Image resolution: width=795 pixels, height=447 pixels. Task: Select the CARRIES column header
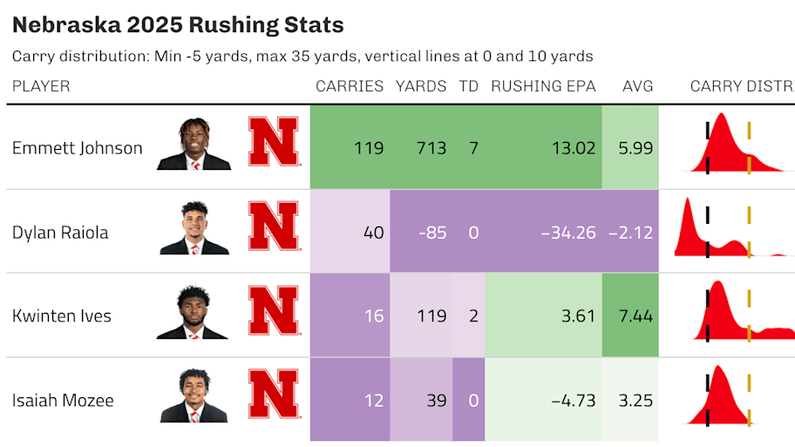350,86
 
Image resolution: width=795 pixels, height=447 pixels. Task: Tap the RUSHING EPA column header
543,86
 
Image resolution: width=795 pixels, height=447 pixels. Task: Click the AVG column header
637,86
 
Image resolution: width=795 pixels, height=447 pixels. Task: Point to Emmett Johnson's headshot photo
194,145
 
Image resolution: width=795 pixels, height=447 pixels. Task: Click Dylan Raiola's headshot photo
194,229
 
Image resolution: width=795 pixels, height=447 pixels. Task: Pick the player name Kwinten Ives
62,315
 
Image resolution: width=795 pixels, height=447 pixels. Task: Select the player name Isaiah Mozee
63,401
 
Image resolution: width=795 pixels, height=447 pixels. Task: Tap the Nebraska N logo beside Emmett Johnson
274,142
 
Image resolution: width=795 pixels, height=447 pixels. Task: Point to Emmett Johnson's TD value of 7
473,148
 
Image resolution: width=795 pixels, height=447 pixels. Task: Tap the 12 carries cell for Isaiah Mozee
373,401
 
